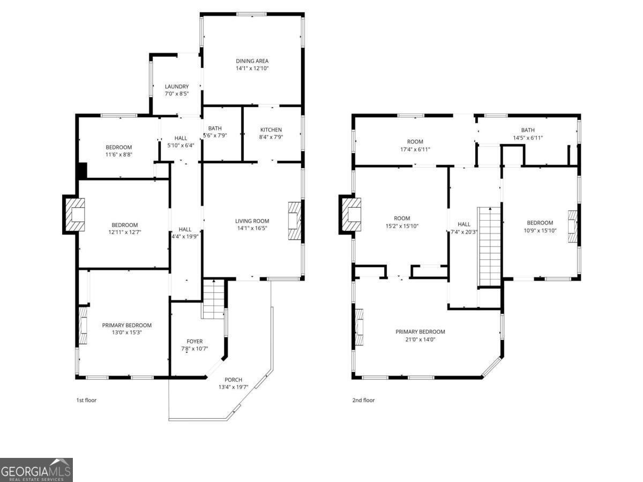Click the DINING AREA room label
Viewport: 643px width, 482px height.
[x=252, y=61]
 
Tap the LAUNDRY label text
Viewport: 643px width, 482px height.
[x=177, y=86]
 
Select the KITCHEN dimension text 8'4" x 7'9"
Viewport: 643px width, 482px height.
[x=271, y=137]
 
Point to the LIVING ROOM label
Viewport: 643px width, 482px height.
[x=252, y=221]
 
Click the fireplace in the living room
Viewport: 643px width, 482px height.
[x=295, y=221]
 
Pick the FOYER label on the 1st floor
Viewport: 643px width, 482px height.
[x=195, y=341]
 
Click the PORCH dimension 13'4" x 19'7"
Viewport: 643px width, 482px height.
[x=233, y=387]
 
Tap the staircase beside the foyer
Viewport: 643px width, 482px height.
[x=214, y=298]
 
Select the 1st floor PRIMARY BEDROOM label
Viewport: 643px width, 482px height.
[x=127, y=325]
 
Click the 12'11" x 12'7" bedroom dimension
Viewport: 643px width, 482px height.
[x=124, y=232]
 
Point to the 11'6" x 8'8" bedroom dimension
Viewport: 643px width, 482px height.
[x=118, y=154]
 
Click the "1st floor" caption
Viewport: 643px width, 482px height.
[x=86, y=400]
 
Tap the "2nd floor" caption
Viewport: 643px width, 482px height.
[x=363, y=400]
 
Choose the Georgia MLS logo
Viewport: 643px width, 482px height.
[x=36, y=470]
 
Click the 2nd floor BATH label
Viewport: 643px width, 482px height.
[x=528, y=130]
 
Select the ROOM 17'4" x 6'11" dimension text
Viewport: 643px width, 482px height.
[x=415, y=149]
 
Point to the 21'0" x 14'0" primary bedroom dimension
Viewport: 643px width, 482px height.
[x=420, y=340]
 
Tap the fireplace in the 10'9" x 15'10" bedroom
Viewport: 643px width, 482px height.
[x=573, y=226]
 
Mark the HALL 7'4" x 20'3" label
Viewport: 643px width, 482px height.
[x=464, y=228]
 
